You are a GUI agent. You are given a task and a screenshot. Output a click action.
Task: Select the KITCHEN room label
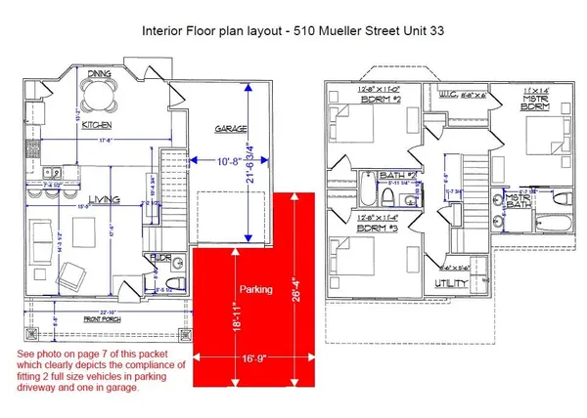tap(96, 126)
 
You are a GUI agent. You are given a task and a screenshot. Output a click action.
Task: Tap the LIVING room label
tap(105, 199)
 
